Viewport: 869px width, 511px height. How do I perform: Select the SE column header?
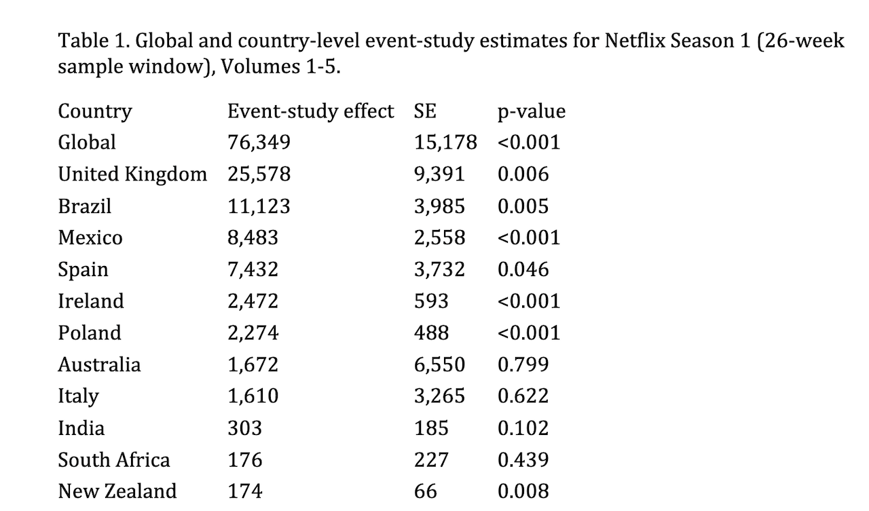point(425,111)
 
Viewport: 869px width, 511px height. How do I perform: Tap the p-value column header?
point(532,112)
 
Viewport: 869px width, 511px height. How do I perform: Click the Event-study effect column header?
point(310,112)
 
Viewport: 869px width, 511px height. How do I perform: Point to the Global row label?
point(87,143)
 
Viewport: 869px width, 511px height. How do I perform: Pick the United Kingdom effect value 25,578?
point(259,174)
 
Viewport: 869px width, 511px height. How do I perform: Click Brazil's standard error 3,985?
point(439,206)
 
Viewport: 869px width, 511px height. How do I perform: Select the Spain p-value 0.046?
point(523,269)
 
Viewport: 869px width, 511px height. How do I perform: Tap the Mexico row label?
point(90,238)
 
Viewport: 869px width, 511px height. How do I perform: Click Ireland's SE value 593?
point(431,301)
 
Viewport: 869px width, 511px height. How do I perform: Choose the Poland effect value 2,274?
point(253,333)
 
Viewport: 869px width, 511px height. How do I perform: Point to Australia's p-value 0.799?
point(523,364)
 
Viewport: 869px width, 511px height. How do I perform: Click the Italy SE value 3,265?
point(439,396)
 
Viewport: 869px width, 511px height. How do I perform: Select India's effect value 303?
point(245,428)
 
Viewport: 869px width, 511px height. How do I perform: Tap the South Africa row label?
point(114,460)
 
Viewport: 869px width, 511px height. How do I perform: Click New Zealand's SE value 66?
point(425,491)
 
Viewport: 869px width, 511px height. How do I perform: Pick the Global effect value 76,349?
point(259,143)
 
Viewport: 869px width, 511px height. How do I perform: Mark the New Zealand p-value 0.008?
point(523,491)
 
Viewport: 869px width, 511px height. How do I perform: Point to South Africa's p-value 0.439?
point(523,460)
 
